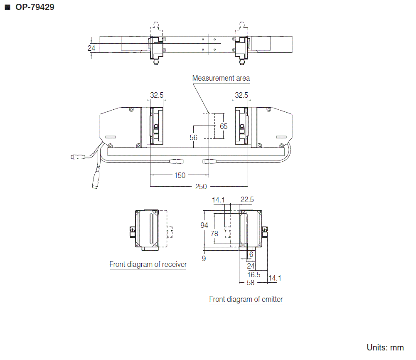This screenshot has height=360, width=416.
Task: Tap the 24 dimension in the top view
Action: coord(91,48)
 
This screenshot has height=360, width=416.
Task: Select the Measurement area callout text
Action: coord(221,78)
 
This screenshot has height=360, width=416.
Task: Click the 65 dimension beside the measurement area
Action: coord(224,126)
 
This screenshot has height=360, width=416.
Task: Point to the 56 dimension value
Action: coord(193,137)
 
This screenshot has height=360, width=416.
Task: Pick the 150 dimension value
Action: coord(180,175)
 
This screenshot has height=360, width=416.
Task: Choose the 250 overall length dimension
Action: coord(201,187)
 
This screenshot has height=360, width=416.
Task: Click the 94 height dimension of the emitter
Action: coord(204,225)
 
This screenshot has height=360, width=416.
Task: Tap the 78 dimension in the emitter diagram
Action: coord(214,234)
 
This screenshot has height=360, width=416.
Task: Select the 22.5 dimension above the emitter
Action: coord(247,200)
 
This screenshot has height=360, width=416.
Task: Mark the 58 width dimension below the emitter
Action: coord(251,283)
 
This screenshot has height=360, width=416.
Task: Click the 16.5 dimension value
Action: coord(254,274)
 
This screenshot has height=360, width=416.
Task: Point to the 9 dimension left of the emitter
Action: coord(204,259)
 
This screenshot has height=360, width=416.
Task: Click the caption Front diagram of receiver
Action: coord(148,264)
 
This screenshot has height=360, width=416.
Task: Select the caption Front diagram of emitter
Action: coord(246,299)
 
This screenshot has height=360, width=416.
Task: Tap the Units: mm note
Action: coord(385,348)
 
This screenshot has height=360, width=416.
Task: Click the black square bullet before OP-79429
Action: coord(7,7)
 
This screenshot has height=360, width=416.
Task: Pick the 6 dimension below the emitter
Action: coord(251,254)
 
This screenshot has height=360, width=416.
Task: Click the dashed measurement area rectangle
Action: coord(213,126)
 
